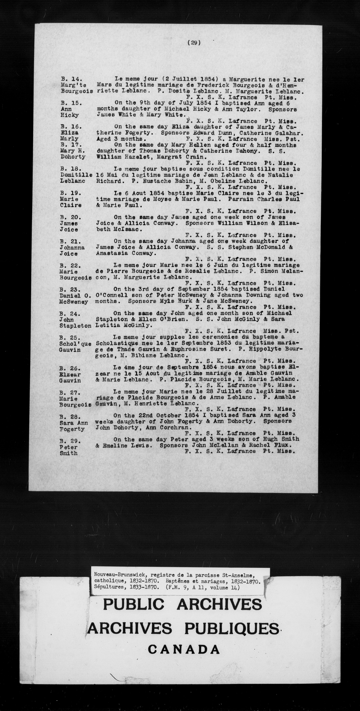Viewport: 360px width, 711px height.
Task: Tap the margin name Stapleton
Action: (x=75, y=326)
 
